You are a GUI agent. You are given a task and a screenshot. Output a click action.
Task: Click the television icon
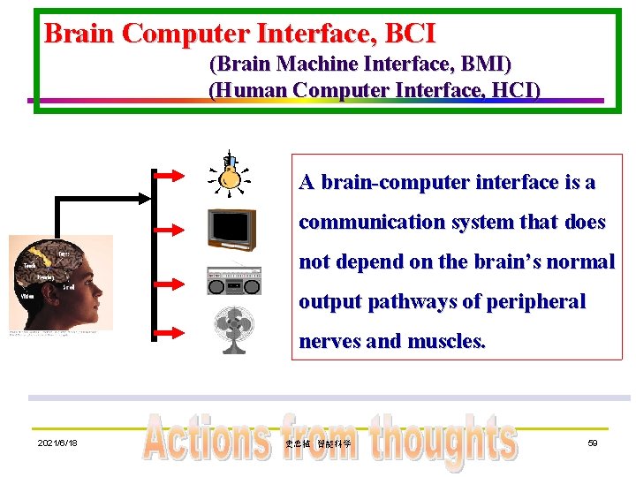(231, 230)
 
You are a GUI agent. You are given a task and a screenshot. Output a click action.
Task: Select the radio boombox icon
(233, 280)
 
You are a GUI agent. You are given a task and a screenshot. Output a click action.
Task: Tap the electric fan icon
(234, 329)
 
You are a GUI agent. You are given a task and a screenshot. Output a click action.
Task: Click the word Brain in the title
(80, 34)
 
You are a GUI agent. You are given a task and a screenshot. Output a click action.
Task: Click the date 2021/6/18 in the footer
(57, 443)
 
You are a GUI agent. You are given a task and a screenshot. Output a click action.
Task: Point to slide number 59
(593, 443)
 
